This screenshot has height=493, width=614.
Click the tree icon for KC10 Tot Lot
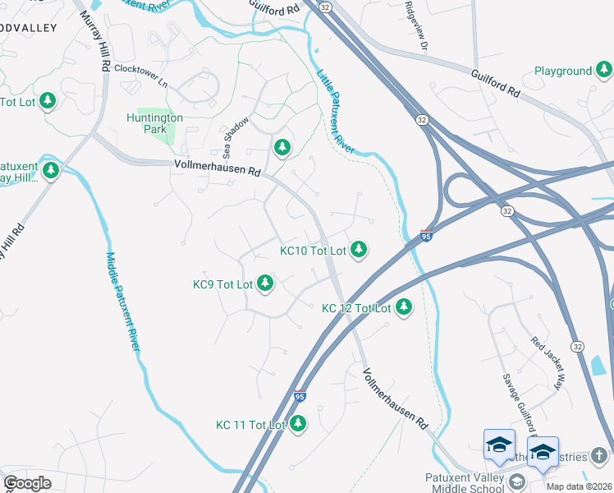(358, 249)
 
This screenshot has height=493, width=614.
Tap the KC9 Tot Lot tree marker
(264, 283)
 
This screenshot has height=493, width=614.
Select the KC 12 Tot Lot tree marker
(403, 307)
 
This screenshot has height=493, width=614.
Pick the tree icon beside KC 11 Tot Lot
(297, 424)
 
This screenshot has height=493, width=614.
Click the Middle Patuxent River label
(121, 301)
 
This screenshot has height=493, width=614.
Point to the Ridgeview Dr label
(416, 27)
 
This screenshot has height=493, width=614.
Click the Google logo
(28, 483)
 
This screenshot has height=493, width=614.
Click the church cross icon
(600, 456)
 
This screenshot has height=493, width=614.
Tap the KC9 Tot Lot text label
(222, 284)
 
